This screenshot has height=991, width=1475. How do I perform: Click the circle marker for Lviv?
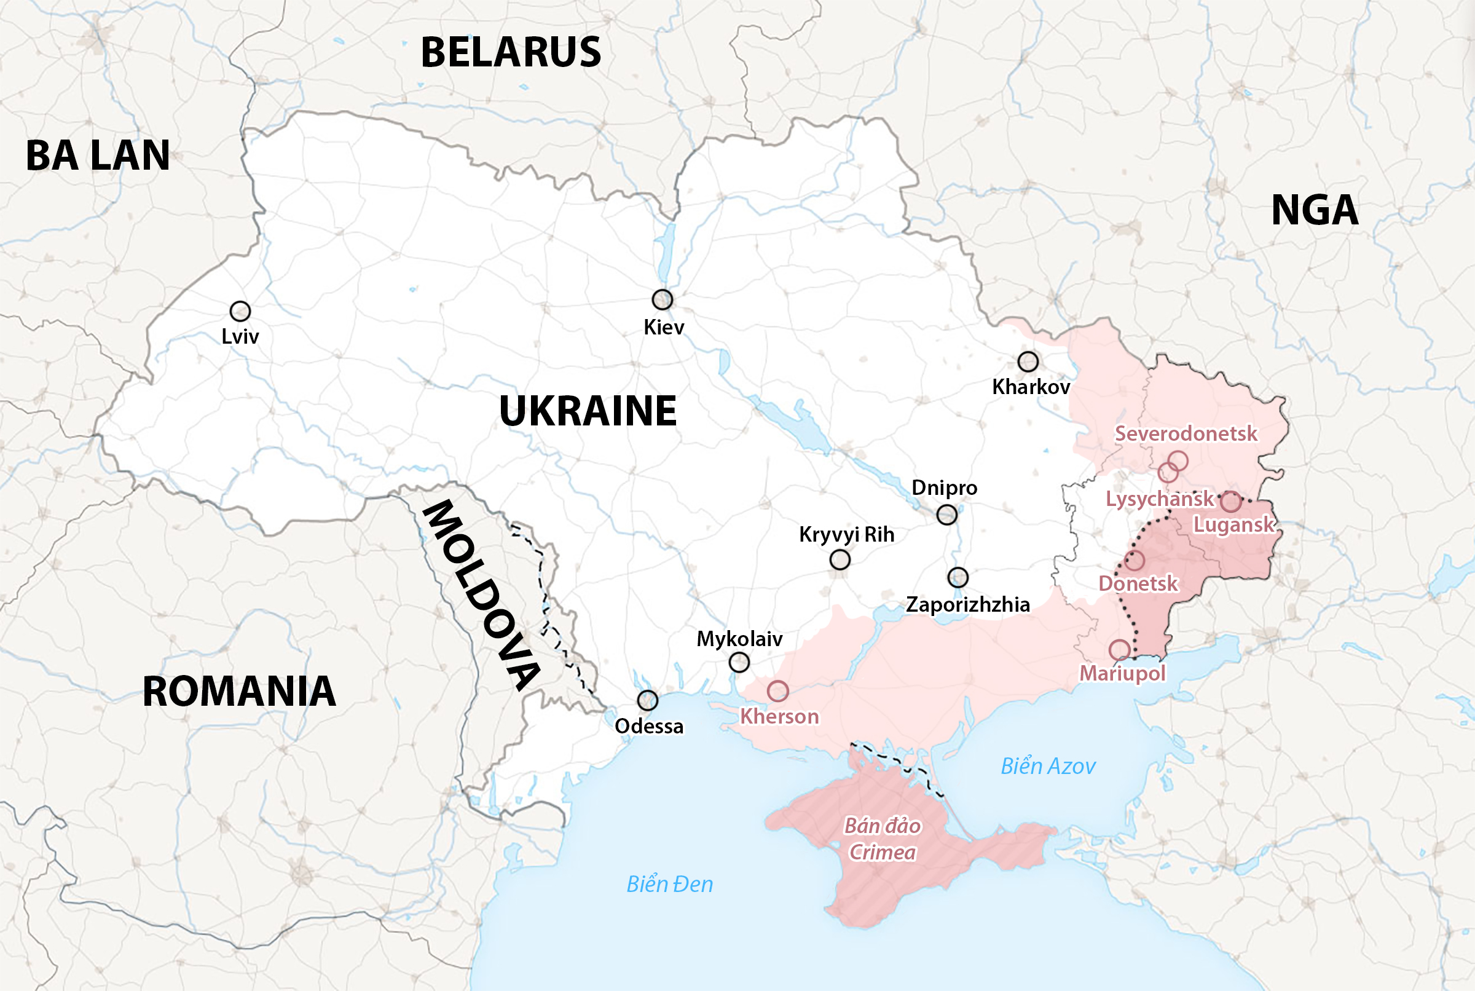[240, 311]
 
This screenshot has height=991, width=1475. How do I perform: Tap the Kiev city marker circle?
[662, 299]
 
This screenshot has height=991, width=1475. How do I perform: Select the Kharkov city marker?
[1028, 361]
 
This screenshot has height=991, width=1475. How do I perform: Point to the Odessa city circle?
[648, 700]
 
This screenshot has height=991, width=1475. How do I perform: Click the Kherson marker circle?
[777, 691]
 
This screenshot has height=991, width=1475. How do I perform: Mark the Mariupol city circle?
[1119, 650]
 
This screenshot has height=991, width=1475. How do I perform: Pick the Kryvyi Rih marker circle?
[840, 559]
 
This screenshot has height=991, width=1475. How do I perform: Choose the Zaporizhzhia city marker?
[958, 577]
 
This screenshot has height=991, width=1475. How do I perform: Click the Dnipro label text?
[945, 488]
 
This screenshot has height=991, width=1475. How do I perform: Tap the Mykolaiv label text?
[740, 639]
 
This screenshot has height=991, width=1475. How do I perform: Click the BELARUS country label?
[510, 52]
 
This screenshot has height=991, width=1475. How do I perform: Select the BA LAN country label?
[98, 156]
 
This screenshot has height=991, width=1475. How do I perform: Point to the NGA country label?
[1315, 210]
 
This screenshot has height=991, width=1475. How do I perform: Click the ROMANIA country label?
[239, 691]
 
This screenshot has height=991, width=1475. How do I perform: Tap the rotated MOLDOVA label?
[481, 594]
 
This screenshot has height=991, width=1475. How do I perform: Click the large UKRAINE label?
[588, 411]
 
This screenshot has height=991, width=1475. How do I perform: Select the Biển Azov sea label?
[1048, 766]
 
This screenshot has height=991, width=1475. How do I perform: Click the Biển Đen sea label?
[670, 883]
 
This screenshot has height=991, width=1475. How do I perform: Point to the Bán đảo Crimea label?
[883, 839]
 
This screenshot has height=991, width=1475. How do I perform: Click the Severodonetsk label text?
[1186, 433]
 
